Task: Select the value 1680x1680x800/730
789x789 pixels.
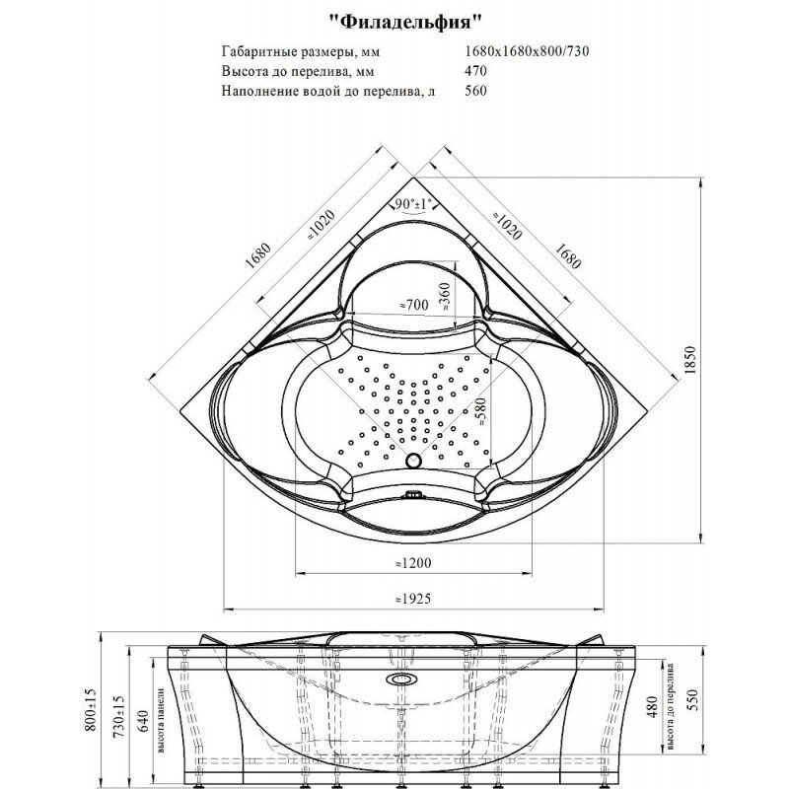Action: [x=527, y=51]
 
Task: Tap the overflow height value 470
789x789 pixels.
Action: [x=475, y=70]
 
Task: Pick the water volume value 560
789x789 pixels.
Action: [x=475, y=91]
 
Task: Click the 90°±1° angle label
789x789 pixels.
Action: [x=413, y=204]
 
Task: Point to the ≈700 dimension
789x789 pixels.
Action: [x=413, y=305]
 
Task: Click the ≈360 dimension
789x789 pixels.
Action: [x=445, y=295]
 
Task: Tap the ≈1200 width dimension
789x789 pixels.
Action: [x=412, y=562]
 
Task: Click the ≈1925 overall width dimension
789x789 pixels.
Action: [x=412, y=599]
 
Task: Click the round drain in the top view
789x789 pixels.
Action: [x=413, y=460]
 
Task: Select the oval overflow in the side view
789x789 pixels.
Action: [x=401, y=680]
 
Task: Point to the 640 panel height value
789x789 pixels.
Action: [x=143, y=721]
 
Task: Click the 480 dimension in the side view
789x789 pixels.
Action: [x=652, y=706]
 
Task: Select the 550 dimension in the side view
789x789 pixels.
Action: [x=693, y=699]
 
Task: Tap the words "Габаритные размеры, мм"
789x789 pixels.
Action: [x=301, y=51]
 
